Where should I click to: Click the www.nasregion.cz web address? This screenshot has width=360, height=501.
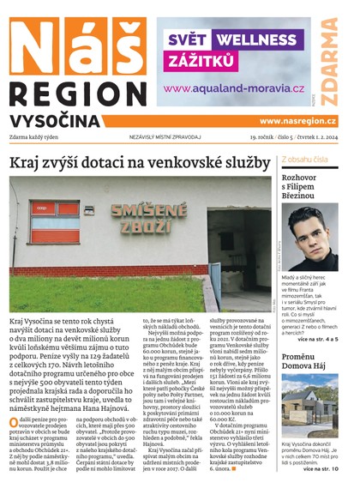point(297,122)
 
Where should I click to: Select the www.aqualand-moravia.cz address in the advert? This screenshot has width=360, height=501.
point(234,88)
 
